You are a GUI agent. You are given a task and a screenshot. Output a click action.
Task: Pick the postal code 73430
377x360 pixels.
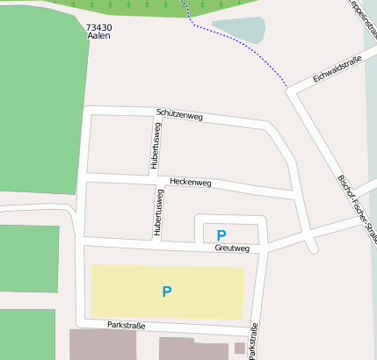pyautogui.click(x=99, y=28)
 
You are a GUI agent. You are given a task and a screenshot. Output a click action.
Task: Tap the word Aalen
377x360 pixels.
pyautogui.click(x=99, y=37)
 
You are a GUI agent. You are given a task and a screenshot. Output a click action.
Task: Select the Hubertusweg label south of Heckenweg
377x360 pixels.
pyautogui.click(x=159, y=212)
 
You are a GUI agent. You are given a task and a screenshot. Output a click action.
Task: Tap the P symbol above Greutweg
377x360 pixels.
pyautogui.click(x=221, y=234)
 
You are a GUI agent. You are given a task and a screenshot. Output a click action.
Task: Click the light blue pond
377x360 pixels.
pyautogui.click(x=237, y=30)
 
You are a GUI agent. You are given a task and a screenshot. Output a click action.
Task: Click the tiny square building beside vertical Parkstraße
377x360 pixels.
pyautogui.click(x=239, y=349)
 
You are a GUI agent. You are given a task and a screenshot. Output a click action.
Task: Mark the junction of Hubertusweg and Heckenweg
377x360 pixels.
pyautogui.click(x=159, y=180)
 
